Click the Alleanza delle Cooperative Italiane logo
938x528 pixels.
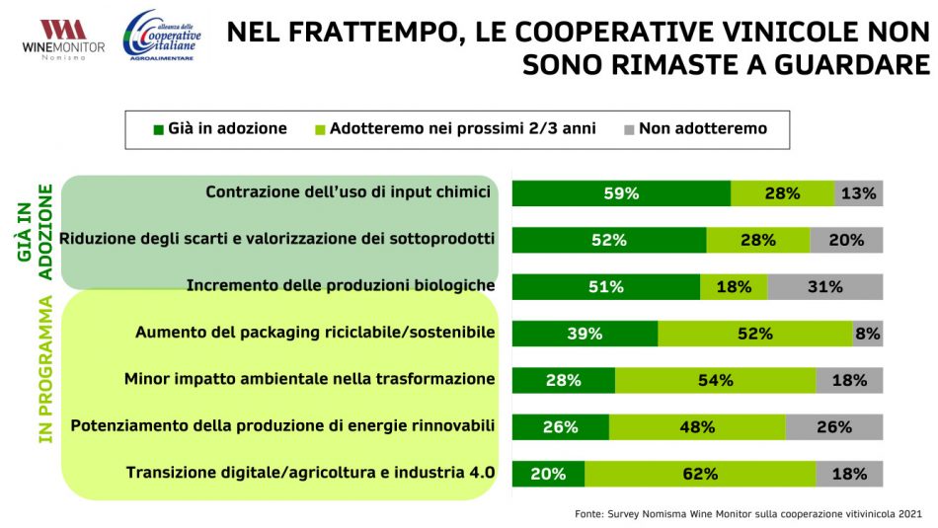point(161,37)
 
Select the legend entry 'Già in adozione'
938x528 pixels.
point(219,129)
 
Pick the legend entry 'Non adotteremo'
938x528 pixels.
point(695,129)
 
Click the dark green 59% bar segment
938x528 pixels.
point(621,193)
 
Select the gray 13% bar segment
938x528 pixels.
point(858,193)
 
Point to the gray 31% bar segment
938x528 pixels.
point(824,287)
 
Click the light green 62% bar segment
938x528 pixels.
point(700,474)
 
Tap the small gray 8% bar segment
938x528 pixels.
point(868,334)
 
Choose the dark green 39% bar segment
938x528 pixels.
point(585,334)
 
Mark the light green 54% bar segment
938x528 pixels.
point(715,380)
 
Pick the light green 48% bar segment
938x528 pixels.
point(697,427)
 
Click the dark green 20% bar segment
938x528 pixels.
point(548,474)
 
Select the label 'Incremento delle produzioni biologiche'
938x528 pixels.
point(340,286)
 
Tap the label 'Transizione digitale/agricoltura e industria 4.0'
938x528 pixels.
point(310,473)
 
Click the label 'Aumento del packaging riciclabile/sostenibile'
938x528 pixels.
point(314,333)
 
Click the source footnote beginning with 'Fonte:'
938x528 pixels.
point(747,514)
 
